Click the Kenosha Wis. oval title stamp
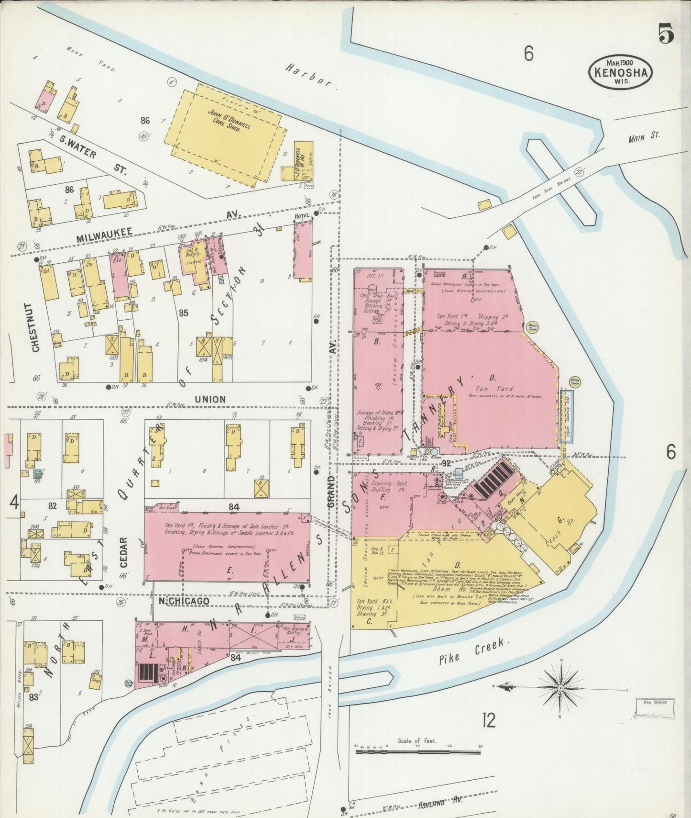tap(621, 71)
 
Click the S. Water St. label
tap(89, 154)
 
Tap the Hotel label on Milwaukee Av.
tap(301, 216)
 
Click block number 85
tap(183, 313)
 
